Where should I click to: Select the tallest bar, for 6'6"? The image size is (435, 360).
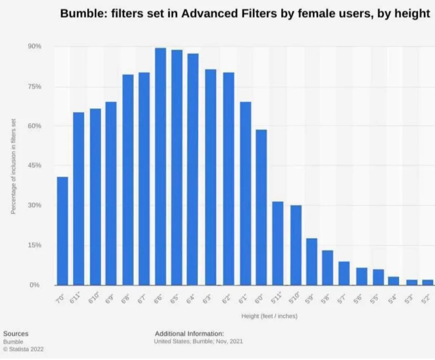pyautogui.click(x=160, y=166)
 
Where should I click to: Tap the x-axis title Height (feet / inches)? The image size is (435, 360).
pyautogui.click(x=269, y=316)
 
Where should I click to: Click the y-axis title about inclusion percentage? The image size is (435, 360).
pyautogui.click(x=14, y=166)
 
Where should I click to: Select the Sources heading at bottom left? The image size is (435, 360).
pyautogui.click(x=15, y=334)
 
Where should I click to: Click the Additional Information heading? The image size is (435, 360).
pyautogui.click(x=189, y=333)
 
